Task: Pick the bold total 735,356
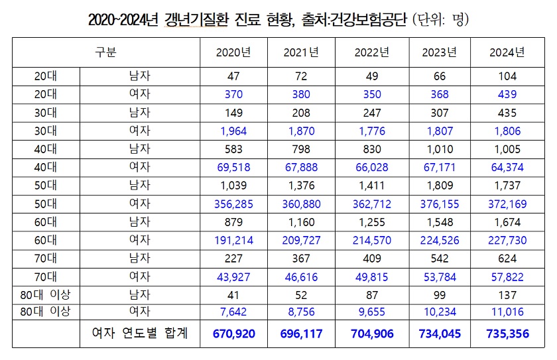point(507,333)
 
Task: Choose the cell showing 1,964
point(233,131)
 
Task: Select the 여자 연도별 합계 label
point(139,333)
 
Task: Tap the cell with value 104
point(507,77)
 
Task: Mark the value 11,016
point(507,312)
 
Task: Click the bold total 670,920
point(233,333)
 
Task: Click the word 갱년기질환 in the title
point(202,21)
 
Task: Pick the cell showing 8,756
point(302,312)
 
